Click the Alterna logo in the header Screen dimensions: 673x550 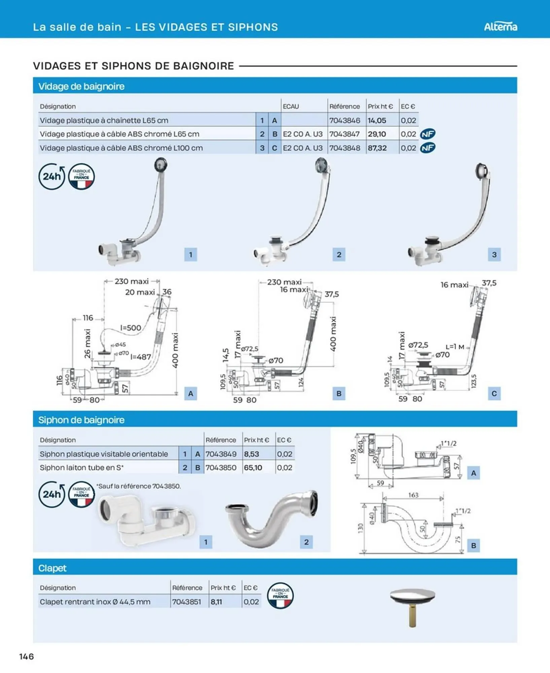[x=500, y=27]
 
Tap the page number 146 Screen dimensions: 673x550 [x=27, y=656]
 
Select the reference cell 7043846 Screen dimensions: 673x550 [x=345, y=120]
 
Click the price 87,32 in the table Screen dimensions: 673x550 [x=377, y=148]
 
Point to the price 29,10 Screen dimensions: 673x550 [x=377, y=134]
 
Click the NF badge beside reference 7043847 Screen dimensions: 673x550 [x=427, y=134]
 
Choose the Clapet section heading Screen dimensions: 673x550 [x=52, y=568]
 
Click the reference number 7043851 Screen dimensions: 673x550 [x=186, y=602]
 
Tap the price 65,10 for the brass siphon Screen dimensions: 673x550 [x=253, y=467]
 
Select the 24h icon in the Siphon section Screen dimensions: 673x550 [x=51, y=494]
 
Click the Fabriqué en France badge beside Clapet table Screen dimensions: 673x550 [x=280, y=596]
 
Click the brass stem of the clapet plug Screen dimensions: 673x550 [x=412, y=616]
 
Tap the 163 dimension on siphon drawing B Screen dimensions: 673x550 [x=413, y=495]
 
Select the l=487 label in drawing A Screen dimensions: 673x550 [x=140, y=357]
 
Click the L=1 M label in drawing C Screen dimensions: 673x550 [x=455, y=347]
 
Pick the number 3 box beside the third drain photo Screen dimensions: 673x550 [x=494, y=254]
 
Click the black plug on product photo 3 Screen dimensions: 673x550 [x=432, y=240]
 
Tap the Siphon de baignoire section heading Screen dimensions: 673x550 [x=81, y=420]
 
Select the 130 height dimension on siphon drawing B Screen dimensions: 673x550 [x=360, y=528]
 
